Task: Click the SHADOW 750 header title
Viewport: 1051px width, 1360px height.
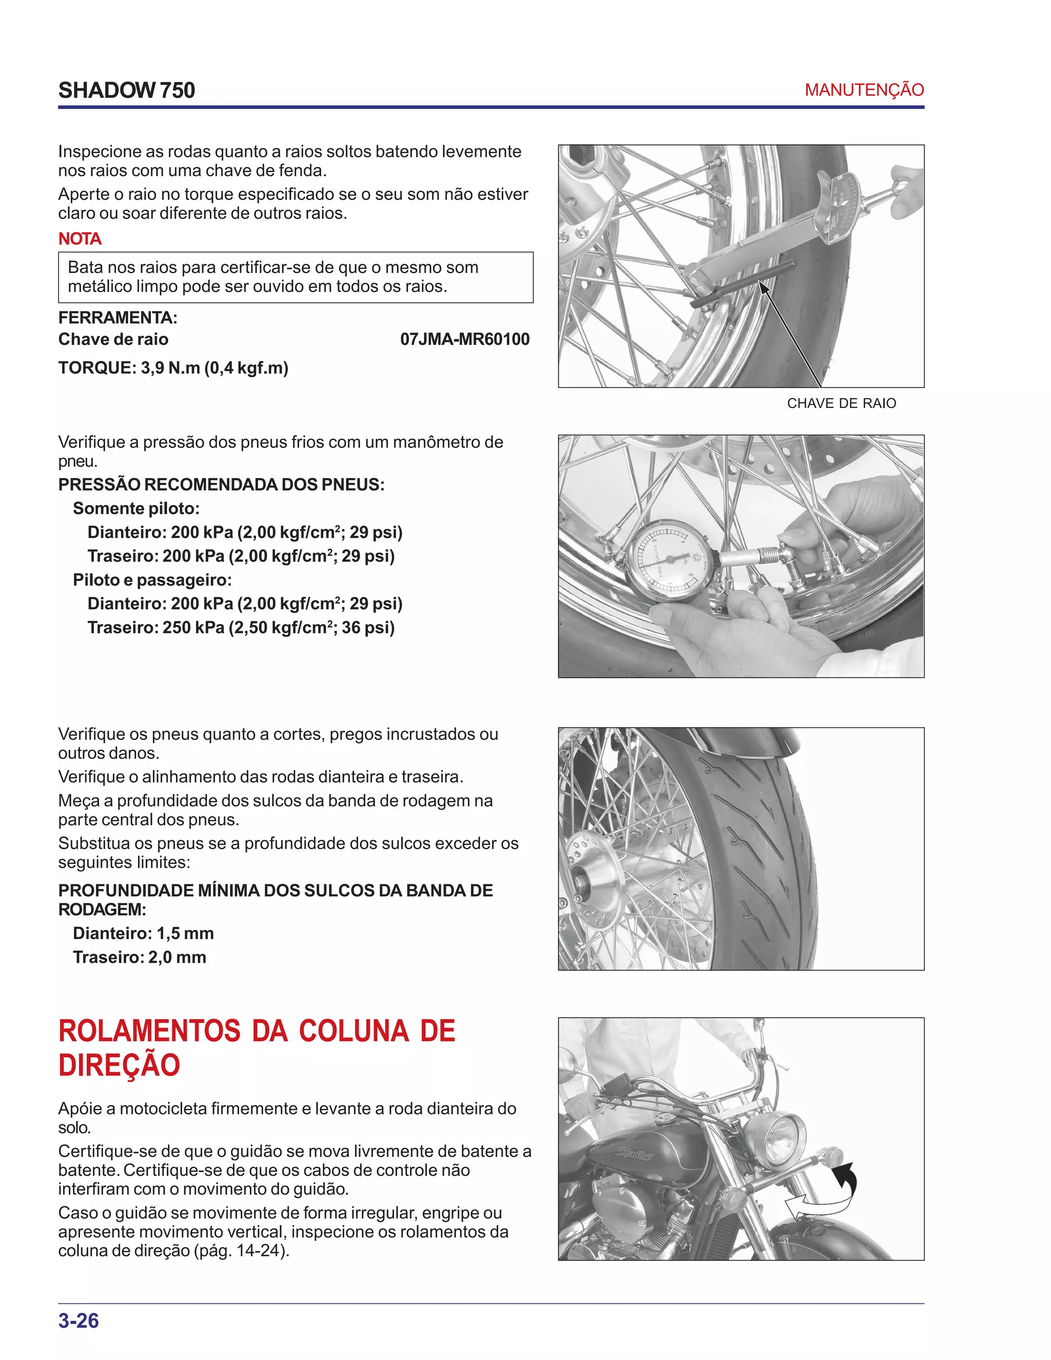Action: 126,90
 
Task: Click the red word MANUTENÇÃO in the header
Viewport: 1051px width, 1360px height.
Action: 864,90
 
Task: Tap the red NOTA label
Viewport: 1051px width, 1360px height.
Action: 79,239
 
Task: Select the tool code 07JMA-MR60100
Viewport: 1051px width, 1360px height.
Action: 464,339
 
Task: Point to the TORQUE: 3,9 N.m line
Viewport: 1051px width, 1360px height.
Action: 173,368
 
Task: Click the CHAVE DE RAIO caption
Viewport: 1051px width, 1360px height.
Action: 841,403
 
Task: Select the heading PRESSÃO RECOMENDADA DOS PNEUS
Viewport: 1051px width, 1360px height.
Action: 221,484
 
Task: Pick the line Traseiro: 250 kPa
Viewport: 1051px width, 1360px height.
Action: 241,628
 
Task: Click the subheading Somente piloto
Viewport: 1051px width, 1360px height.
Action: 135,509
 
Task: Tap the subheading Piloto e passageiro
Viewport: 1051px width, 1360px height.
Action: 152,580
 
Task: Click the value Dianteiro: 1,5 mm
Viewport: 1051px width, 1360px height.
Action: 143,934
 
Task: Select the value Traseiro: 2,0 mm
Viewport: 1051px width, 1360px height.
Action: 140,957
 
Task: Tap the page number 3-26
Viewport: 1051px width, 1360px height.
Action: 79,1321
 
